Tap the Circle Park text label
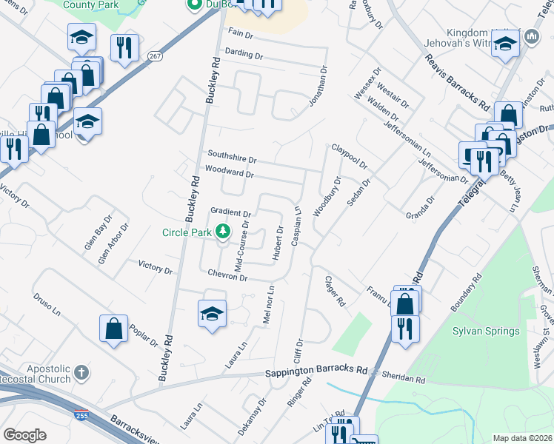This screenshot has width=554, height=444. [188, 232]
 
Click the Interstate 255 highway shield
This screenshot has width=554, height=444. [81, 417]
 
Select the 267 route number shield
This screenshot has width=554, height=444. [154, 55]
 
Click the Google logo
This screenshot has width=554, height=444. [24, 435]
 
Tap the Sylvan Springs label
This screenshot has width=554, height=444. [485, 330]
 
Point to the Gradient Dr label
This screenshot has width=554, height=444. [231, 212]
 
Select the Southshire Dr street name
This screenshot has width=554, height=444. [231, 158]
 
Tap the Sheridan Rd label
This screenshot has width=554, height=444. [404, 378]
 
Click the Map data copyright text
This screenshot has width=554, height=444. [523, 438]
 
